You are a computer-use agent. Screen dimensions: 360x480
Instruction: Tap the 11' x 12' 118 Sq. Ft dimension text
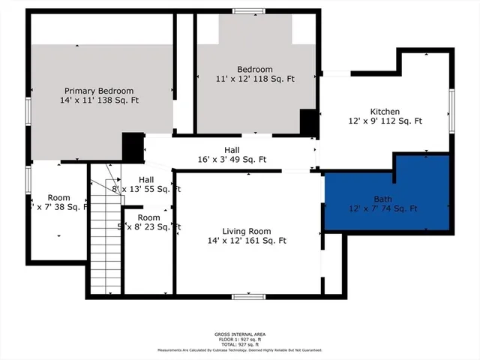coord(256,79)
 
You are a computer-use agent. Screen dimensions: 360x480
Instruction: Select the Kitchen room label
coord(385,111)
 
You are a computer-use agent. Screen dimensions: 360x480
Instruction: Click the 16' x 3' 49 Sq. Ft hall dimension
coord(231,160)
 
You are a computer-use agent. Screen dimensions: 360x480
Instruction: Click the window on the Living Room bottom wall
coord(248,297)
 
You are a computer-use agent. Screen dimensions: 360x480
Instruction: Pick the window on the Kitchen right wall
coord(451,110)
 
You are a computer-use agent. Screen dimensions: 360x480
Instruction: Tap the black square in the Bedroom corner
coord(308,121)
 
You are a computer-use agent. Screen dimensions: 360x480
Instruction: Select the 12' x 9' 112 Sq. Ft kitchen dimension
coord(385,121)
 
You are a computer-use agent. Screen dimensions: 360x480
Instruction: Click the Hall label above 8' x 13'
coord(145,180)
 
